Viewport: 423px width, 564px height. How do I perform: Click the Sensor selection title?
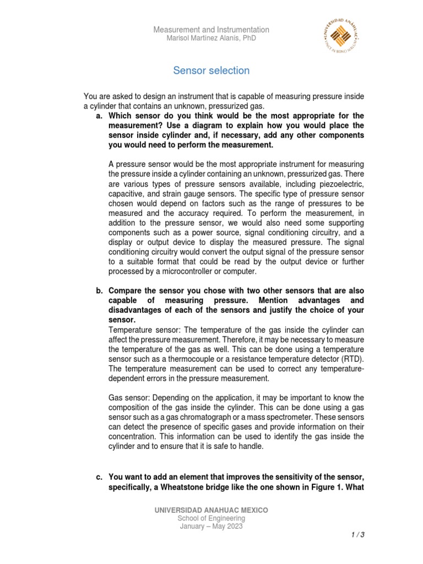[x=211, y=70]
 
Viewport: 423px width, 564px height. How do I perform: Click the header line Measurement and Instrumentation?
[x=211, y=30]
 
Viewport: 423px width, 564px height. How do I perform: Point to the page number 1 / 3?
[x=357, y=535]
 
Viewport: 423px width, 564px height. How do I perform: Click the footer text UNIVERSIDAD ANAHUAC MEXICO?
[x=212, y=511]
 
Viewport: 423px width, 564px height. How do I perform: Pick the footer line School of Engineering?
[x=211, y=518]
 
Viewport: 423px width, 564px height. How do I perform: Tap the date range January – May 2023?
[x=211, y=526]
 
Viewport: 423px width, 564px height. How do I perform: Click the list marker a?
[x=99, y=116]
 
